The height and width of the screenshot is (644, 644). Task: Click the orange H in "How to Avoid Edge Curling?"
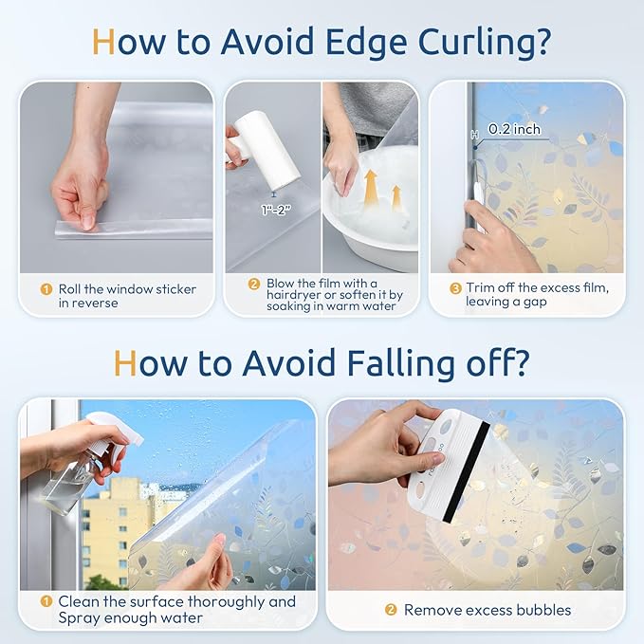[103, 42]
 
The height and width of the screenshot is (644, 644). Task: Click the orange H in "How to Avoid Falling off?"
[124, 362]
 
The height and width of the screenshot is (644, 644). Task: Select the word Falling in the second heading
[401, 364]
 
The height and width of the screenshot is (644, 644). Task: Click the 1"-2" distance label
[276, 210]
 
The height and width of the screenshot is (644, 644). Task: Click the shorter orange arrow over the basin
[396, 198]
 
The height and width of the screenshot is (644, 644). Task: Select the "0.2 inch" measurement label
[514, 129]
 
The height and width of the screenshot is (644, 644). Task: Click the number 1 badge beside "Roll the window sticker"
[46, 289]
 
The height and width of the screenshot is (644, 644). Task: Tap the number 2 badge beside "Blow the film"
[254, 284]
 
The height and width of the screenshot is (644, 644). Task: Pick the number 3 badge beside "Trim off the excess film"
[455, 288]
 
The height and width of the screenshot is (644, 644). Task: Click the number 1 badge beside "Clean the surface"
[46, 601]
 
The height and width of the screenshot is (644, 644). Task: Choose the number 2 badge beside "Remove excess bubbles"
[391, 610]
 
